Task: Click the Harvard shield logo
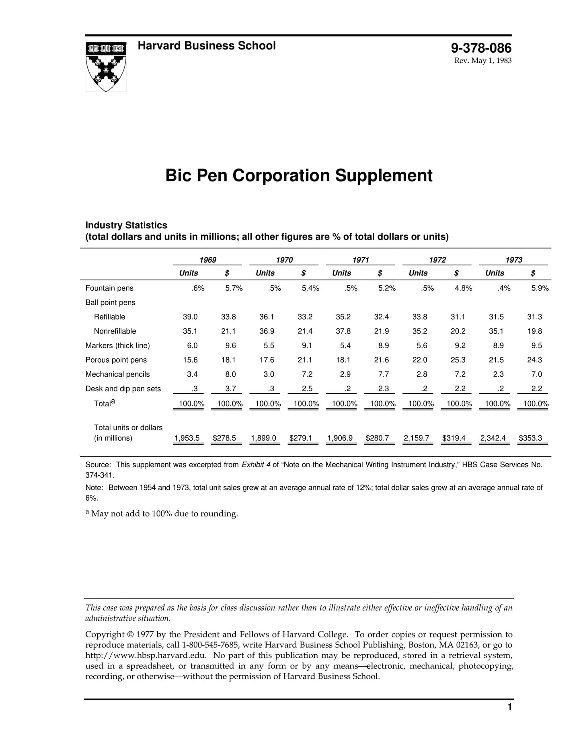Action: (x=106, y=67)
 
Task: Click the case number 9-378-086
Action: (x=481, y=48)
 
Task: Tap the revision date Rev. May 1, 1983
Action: (x=482, y=61)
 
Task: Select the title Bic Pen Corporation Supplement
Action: (x=299, y=176)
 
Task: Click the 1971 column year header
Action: (x=361, y=260)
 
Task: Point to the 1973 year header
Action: (x=513, y=260)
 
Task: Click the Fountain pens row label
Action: (x=109, y=288)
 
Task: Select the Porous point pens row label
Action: (x=116, y=360)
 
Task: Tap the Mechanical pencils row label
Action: (x=117, y=374)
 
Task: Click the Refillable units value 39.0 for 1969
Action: (x=190, y=317)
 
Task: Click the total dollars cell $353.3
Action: (x=530, y=438)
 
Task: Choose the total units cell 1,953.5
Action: (x=187, y=438)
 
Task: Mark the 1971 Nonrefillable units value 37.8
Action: (x=343, y=331)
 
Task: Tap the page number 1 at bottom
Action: (x=509, y=707)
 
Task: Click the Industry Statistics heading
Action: (x=126, y=225)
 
